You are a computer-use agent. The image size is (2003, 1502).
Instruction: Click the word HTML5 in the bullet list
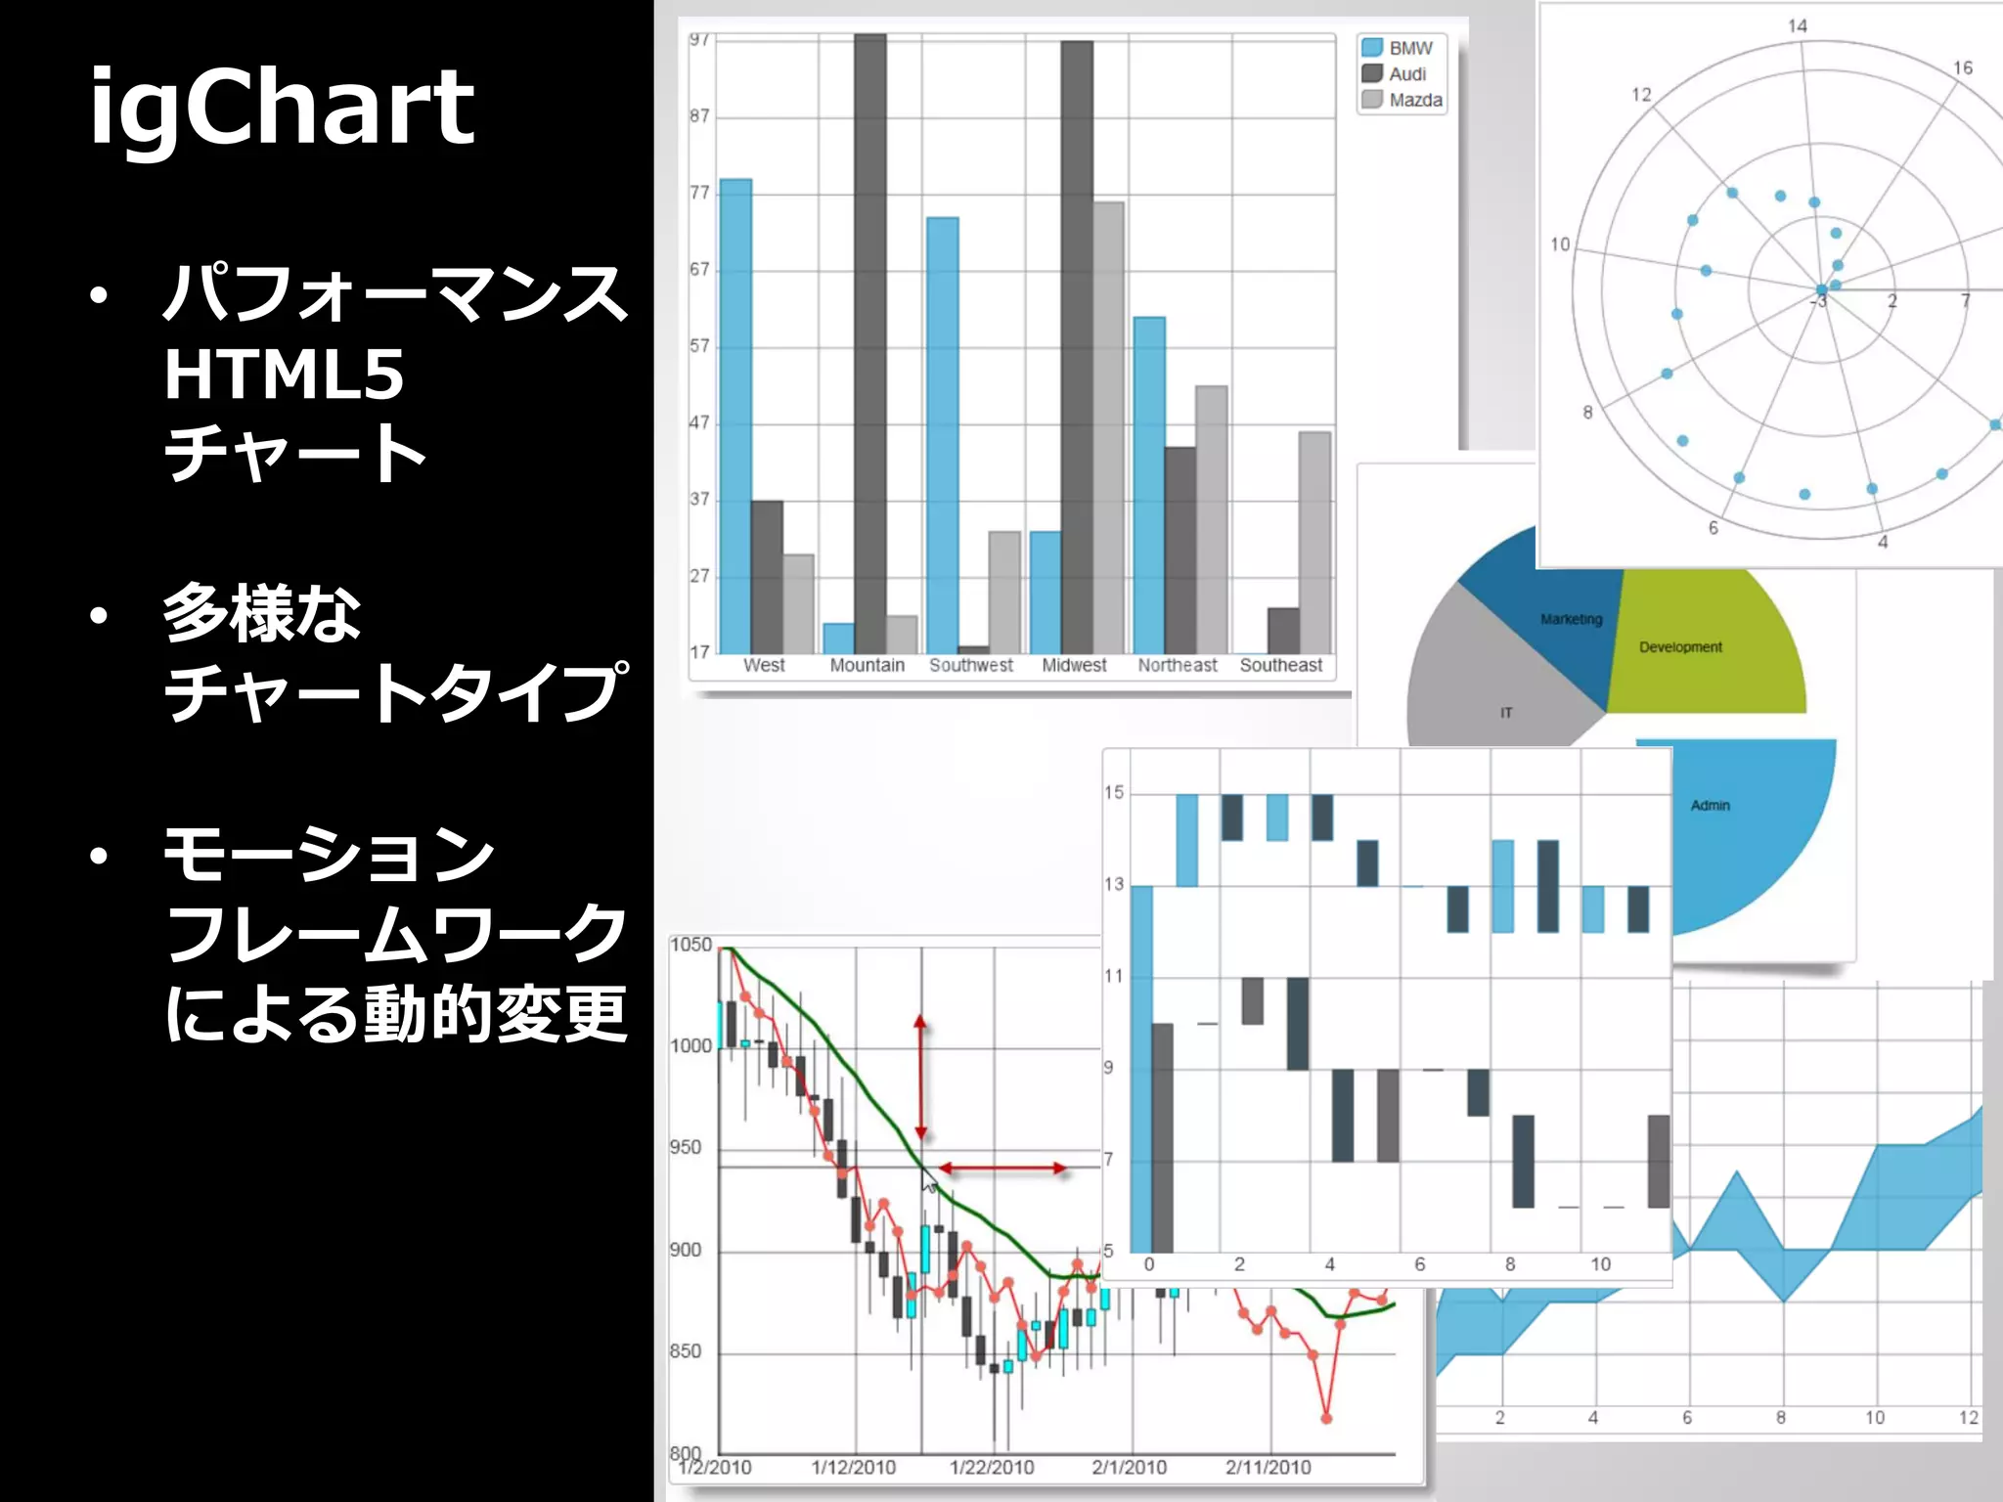[x=284, y=375]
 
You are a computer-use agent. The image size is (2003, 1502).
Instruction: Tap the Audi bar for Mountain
[x=869, y=342]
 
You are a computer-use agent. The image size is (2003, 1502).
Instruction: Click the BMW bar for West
[x=735, y=416]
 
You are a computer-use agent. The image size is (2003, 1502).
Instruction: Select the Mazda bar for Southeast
[x=1314, y=543]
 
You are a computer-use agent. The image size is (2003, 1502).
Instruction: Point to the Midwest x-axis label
[x=1074, y=665]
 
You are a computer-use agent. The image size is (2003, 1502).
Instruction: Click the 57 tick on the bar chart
[x=699, y=346]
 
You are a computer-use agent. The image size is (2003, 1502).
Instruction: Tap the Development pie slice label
[x=1680, y=647]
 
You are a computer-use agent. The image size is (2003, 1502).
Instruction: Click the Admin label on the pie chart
[x=1710, y=806]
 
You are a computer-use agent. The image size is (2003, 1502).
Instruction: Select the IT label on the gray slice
[x=1506, y=713]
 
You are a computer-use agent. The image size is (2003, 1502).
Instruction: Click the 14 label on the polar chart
[x=1798, y=26]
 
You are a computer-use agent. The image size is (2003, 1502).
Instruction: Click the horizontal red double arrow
[x=1002, y=1169]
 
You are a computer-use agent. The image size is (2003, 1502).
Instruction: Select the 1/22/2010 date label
[x=992, y=1467]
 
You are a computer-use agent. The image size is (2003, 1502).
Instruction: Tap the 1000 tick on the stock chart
[x=691, y=1046]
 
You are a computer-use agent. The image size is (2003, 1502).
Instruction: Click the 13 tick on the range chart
[x=1114, y=884]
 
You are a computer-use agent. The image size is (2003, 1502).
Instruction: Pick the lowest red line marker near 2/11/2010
[x=1327, y=1418]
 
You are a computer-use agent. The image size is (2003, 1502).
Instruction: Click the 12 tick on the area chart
[x=1968, y=1418]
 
